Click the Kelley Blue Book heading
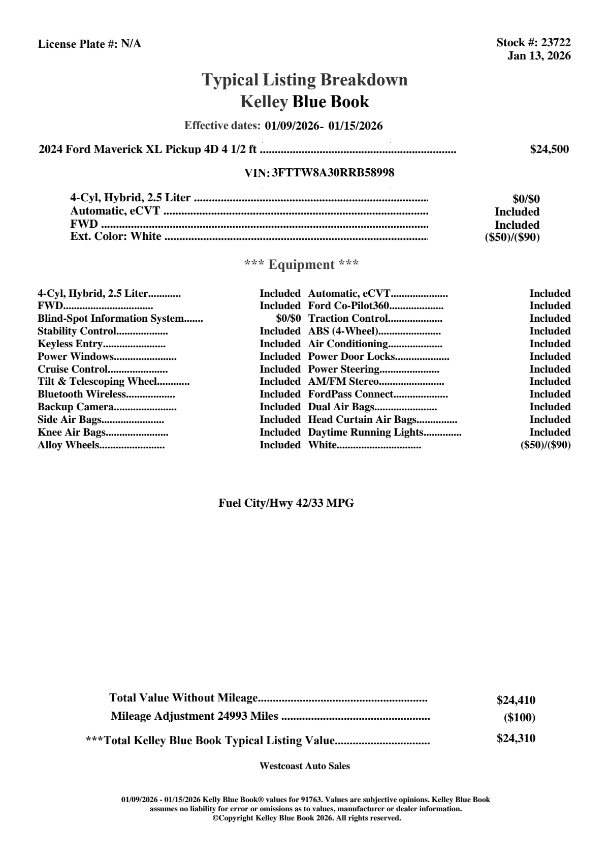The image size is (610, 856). pos(304,102)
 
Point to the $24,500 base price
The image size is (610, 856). pos(549,149)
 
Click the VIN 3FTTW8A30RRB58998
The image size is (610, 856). pos(333,173)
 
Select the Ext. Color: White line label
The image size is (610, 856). pos(116,236)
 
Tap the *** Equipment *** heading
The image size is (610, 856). pos(301,265)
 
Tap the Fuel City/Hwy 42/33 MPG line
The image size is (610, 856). pos(286,503)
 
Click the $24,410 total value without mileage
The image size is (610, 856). pos(516,700)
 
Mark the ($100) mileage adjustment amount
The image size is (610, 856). pos(519,718)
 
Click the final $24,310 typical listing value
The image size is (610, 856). pos(516,739)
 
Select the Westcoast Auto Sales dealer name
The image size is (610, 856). pos(304,766)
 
